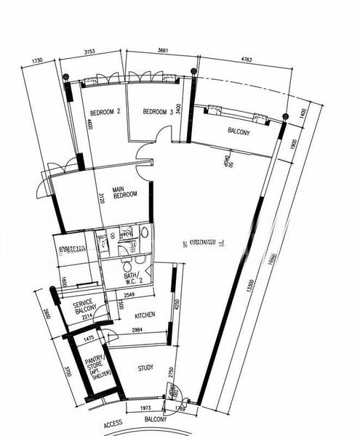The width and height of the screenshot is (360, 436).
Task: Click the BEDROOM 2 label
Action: [105, 112]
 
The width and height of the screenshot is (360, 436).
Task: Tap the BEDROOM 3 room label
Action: [158, 112]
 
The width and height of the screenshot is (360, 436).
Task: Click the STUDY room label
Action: [146, 368]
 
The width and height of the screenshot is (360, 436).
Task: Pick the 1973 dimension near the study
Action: [145, 410]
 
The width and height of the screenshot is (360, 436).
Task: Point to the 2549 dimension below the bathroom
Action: [131, 295]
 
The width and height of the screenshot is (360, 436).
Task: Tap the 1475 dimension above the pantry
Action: [89, 339]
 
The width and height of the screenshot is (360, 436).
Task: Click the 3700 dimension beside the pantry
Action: [45, 373]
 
